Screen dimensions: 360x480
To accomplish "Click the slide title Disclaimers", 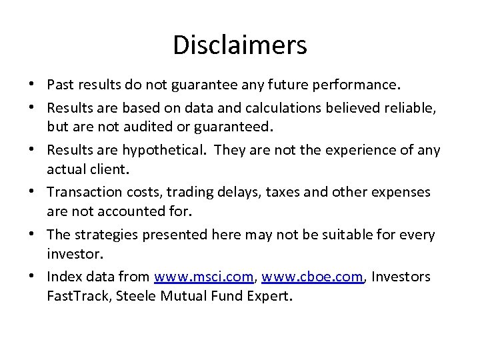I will pyautogui.click(x=240, y=45).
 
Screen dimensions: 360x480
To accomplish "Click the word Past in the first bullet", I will pyautogui.click(x=61, y=86).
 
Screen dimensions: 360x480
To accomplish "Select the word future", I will pyautogui.click(x=293, y=86).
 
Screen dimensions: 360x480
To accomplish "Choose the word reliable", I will pyautogui.click(x=407, y=107).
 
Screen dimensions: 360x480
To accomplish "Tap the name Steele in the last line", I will pyautogui.click(x=133, y=295).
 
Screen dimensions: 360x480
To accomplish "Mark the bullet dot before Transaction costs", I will pyautogui.click(x=32, y=193).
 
